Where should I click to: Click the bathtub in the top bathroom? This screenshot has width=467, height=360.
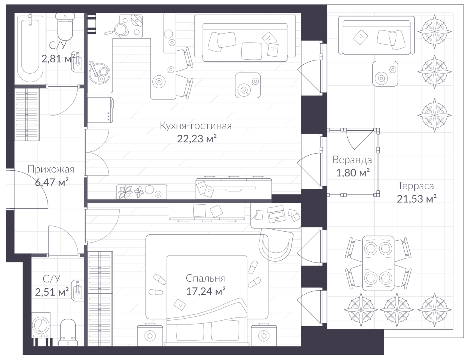click(x=30, y=49)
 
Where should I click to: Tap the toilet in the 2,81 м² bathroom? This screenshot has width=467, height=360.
click(x=65, y=27)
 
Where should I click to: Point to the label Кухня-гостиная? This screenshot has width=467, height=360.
click(x=195, y=126)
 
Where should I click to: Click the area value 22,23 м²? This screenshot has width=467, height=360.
click(x=196, y=138)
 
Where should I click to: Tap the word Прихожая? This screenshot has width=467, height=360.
click(x=51, y=169)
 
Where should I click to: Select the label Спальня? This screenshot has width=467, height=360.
click(x=205, y=278)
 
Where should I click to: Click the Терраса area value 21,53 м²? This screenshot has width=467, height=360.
click(x=417, y=199)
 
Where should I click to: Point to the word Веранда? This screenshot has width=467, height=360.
click(x=352, y=160)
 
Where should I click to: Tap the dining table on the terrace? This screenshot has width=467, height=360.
click(x=378, y=263)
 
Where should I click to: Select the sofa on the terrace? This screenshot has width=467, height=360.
click(x=377, y=35)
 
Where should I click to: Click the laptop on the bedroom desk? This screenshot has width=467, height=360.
click(x=276, y=214)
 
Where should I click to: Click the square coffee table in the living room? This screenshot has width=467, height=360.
click(x=248, y=85)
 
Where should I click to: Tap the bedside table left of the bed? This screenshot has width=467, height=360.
click(x=150, y=336)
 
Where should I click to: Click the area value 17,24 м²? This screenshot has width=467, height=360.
click(x=205, y=291)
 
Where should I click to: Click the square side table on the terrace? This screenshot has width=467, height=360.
click(x=385, y=74)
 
